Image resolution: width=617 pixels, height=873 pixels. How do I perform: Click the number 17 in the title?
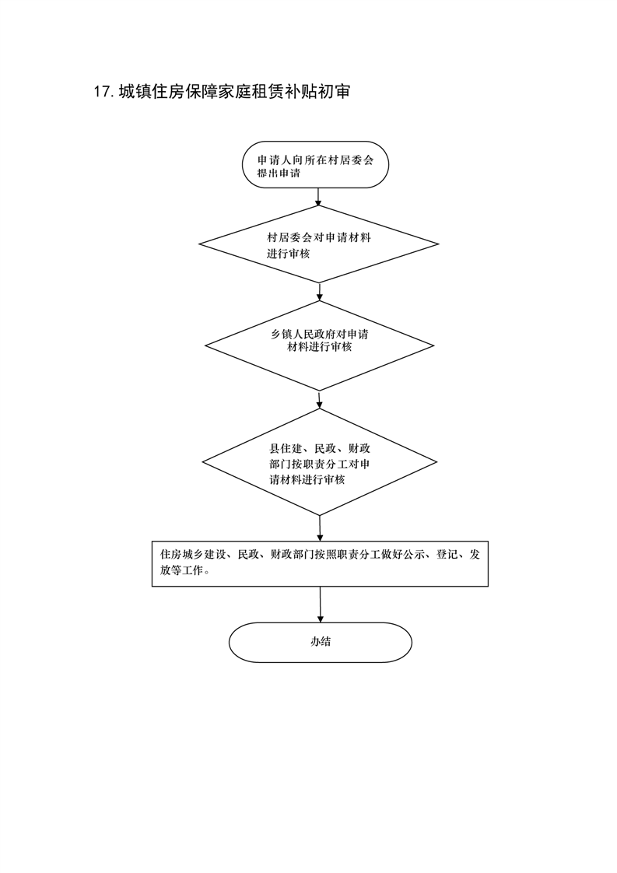(103, 92)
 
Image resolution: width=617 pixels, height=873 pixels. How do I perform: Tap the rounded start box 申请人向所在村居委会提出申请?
(315, 165)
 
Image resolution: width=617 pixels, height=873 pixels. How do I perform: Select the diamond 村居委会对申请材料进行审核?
(319, 244)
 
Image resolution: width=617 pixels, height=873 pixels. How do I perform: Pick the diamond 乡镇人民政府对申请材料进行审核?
(319, 345)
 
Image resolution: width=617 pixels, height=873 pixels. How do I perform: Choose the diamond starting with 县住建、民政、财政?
(319, 462)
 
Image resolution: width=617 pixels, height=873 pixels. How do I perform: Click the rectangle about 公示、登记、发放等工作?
(321, 563)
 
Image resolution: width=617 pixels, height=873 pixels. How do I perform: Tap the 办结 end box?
(321, 643)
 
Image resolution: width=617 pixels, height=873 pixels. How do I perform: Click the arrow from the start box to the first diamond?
(318, 197)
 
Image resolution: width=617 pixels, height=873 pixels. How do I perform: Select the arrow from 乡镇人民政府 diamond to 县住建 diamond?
(319, 400)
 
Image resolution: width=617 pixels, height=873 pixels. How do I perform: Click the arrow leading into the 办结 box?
(321, 605)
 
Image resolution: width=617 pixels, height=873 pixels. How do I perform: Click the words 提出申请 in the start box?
(279, 174)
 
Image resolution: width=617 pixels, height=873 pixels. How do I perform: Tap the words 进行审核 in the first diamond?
(289, 254)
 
